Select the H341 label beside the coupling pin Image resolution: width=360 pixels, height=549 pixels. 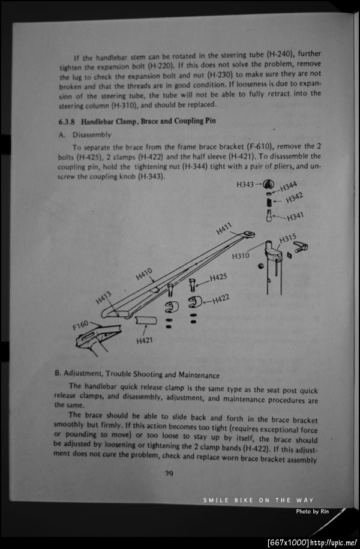point(295,217)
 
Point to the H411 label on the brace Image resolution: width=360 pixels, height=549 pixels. point(224,229)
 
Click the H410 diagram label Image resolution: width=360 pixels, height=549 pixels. point(144,274)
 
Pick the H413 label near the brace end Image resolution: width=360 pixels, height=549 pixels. point(103,296)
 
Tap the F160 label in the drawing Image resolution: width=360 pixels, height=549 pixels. point(80,326)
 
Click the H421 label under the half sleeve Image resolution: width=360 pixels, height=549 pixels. point(145,341)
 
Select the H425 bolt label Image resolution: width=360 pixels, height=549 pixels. point(218,278)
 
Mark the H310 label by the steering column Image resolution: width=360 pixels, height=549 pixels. point(241,256)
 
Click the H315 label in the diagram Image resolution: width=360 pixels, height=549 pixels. point(288,239)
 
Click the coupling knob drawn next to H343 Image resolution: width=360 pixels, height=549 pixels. point(269,184)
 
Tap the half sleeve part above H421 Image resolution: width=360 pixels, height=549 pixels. point(145,321)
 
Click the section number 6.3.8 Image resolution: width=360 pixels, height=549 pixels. point(65,121)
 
